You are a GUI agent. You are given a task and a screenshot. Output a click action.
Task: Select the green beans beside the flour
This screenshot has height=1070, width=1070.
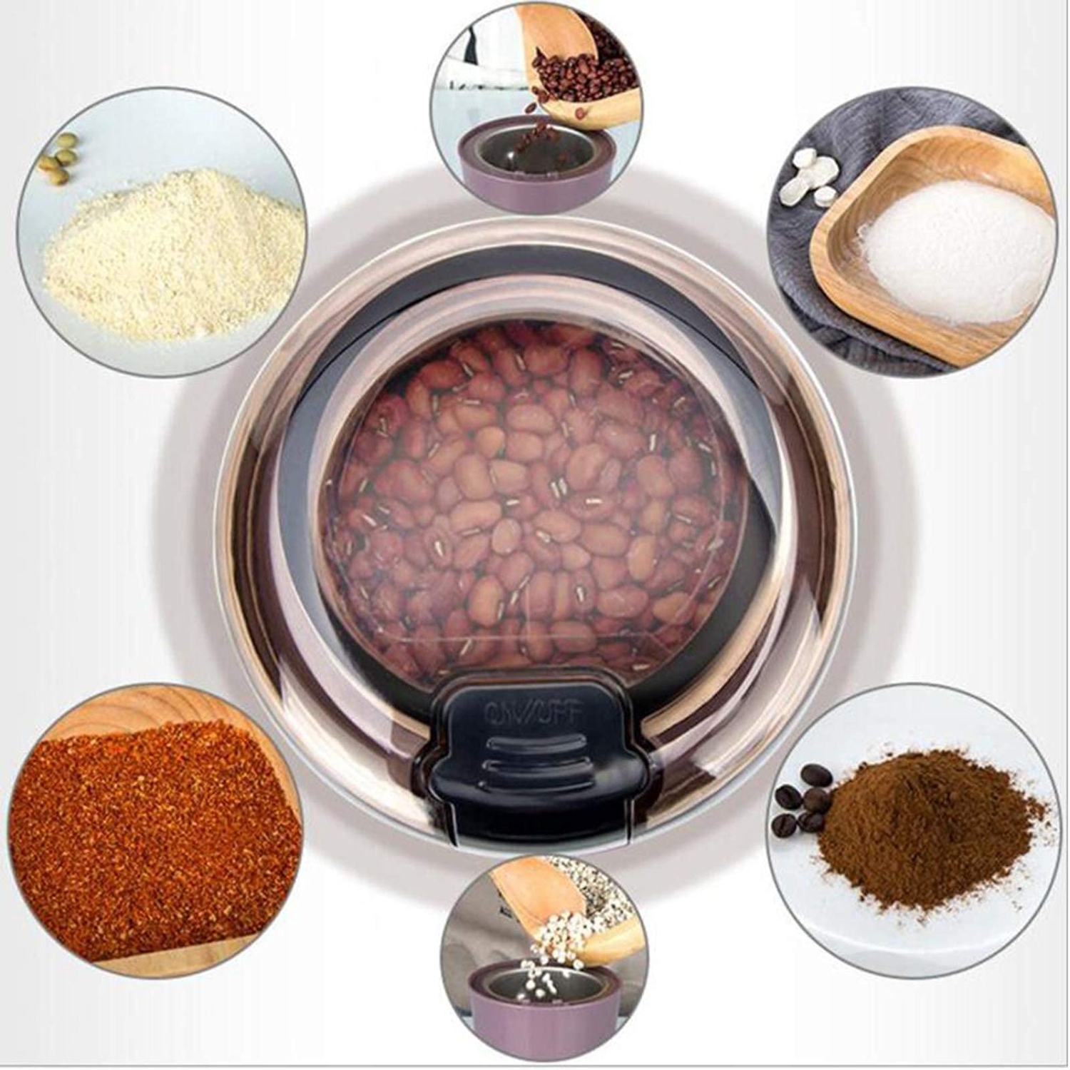pos(61,157)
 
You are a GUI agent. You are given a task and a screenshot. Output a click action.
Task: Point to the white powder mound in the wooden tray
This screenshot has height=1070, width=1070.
pos(956,250)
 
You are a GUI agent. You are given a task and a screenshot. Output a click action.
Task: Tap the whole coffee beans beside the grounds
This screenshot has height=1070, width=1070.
pos(802,799)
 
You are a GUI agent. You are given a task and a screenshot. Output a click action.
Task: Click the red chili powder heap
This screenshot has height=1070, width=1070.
pos(143,835)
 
